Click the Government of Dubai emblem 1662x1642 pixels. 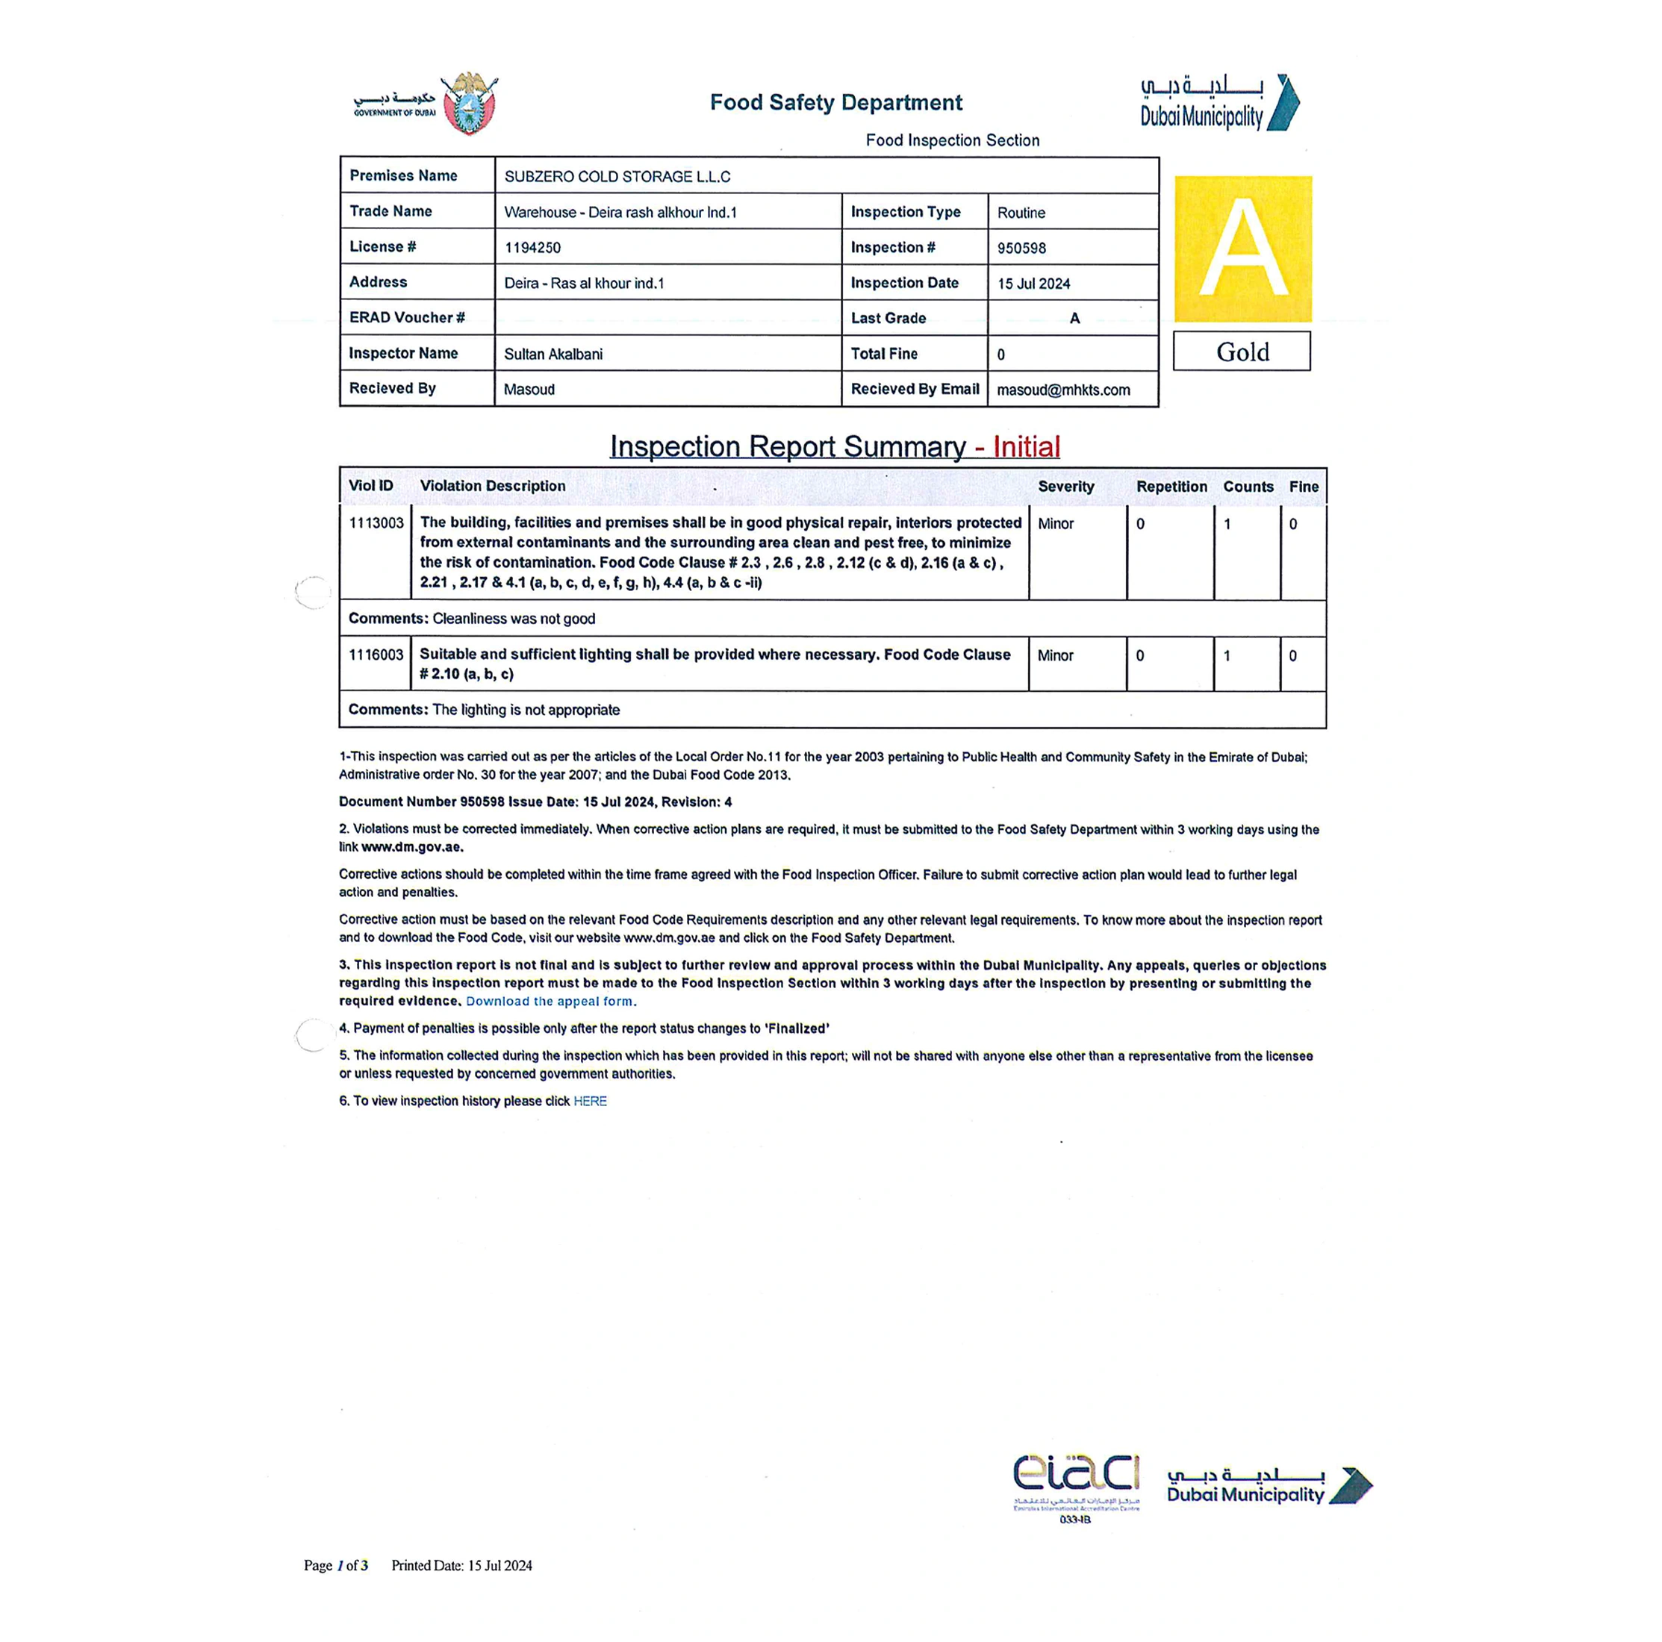pyautogui.click(x=469, y=104)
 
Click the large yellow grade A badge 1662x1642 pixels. pyautogui.click(x=1242, y=249)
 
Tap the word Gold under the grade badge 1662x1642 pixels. pyautogui.click(x=1242, y=352)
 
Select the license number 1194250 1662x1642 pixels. pyautogui.click(x=532, y=248)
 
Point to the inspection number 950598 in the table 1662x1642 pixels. pyautogui.click(x=1021, y=248)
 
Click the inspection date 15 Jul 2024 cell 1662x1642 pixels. pyautogui.click(x=1033, y=283)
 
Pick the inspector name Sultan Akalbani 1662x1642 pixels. pyautogui.click(x=553, y=354)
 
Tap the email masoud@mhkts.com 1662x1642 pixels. pyautogui.click(x=1062, y=390)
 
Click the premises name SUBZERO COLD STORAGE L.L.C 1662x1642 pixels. pyautogui.click(x=617, y=176)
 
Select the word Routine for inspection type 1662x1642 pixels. pyautogui.click(x=1021, y=213)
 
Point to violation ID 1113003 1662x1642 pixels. pyautogui.click(x=376, y=523)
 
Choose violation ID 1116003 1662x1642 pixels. pyautogui.click(x=376, y=655)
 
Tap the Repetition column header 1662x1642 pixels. pyautogui.click(x=1171, y=486)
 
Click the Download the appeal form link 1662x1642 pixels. pyautogui.click(x=549, y=1001)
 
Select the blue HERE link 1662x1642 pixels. pyautogui.click(x=589, y=1101)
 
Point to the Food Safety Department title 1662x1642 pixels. pyautogui.click(x=835, y=102)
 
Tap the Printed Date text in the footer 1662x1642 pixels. pyautogui.click(x=461, y=1565)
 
